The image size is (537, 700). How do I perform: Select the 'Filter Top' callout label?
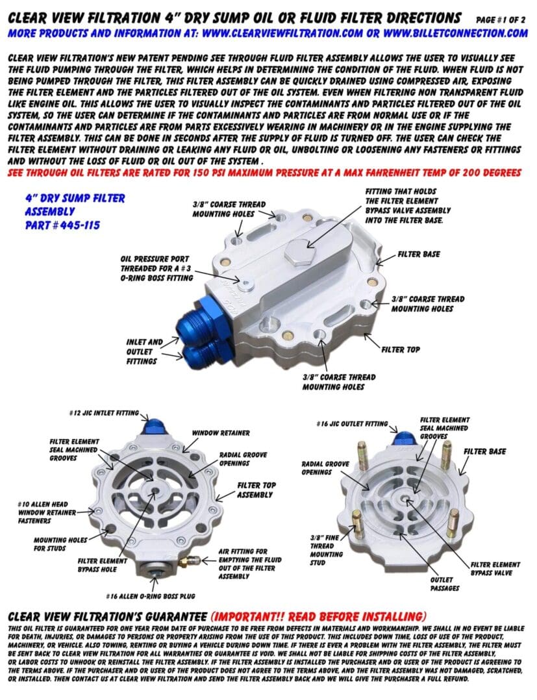point(401,349)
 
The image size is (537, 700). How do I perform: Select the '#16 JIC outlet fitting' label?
point(353,423)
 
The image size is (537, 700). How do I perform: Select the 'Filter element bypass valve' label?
point(494,568)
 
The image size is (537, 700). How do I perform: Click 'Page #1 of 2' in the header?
point(501,19)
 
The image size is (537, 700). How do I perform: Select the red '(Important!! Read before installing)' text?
point(318,616)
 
